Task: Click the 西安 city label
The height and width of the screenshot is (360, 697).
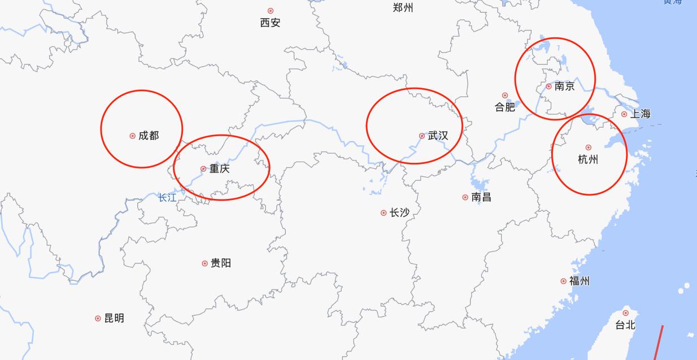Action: (270, 23)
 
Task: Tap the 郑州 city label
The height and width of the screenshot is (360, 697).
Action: (403, 8)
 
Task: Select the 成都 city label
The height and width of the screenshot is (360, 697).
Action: (149, 136)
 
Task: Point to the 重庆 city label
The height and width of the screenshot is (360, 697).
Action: (219, 168)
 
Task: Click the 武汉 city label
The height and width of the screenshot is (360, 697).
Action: (438, 136)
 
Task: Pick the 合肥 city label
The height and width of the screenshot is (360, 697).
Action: (505, 107)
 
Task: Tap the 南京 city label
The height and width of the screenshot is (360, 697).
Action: (564, 86)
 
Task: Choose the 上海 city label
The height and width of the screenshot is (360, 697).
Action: (640, 114)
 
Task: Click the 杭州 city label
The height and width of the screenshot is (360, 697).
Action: (588, 159)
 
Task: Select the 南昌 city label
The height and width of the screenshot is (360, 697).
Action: (481, 197)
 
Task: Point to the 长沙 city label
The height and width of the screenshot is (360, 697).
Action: (399, 213)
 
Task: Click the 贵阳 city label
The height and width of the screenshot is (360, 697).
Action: (220, 263)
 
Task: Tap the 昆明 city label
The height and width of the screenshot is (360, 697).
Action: (114, 318)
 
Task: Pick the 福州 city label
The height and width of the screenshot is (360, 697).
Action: (579, 281)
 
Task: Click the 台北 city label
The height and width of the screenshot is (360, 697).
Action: (625, 325)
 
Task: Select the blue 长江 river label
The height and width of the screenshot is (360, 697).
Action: (167, 198)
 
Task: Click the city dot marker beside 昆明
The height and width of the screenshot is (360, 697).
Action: (98, 318)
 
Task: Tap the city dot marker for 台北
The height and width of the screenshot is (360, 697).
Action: (625, 313)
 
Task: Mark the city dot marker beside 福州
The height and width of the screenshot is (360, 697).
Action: (563, 281)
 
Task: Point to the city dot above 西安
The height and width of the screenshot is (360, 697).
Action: (271, 11)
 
